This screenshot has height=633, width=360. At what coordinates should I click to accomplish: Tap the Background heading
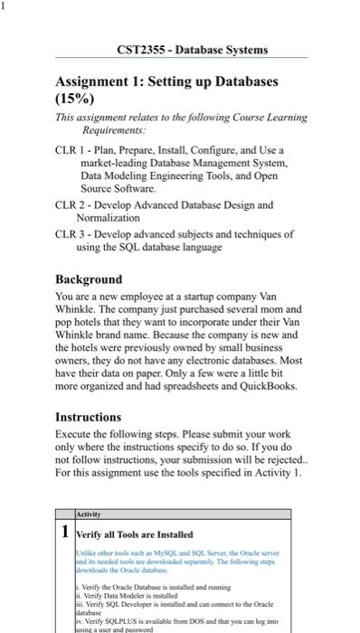(89, 279)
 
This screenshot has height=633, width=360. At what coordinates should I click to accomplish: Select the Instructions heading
(89, 417)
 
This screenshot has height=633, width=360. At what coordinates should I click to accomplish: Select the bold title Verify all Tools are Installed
(136, 534)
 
